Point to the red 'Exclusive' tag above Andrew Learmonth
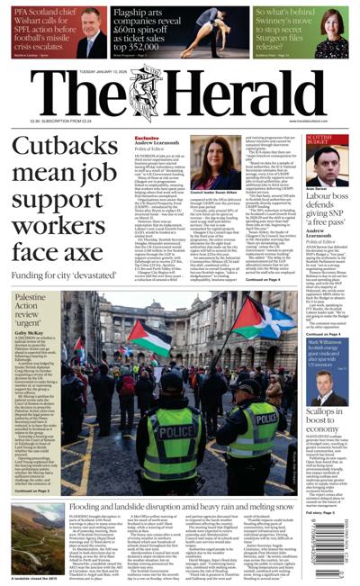tap(147, 139)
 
